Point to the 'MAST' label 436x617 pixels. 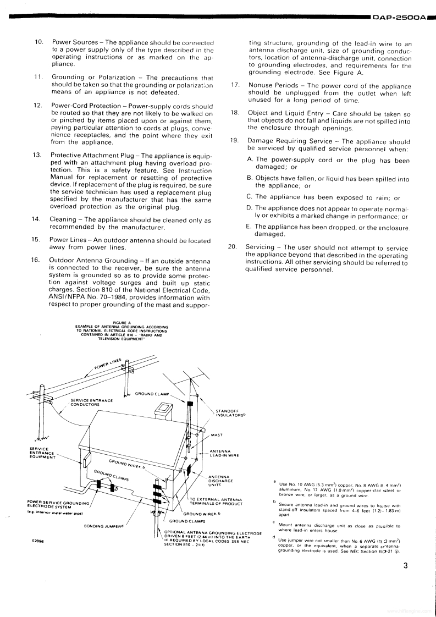click(x=217, y=435)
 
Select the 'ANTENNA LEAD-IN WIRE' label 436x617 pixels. click(x=224, y=454)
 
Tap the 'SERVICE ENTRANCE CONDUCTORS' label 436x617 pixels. click(x=92, y=402)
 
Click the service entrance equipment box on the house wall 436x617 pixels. click(x=86, y=458)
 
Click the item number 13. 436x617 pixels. click(x=37, y=156)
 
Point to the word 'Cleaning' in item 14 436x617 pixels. click(x=64, y=219)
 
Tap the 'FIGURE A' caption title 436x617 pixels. click(x=122, y=323)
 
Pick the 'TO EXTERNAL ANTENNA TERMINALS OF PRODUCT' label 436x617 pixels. click(x=212, y=501)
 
